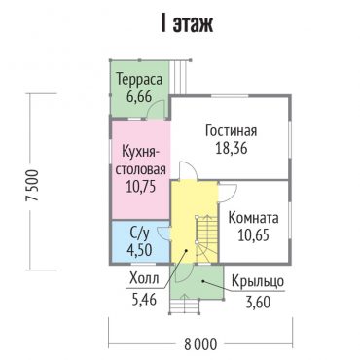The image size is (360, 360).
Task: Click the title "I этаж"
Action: point(187,23)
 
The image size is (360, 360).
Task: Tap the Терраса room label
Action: point(139,80)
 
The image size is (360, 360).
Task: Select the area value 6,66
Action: point(139,96)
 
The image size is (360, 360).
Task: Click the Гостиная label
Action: point(231,131)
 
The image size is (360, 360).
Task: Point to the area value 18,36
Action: point(232,148)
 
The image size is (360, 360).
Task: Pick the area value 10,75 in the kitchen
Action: point(141,187)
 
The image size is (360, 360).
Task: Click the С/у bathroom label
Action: point(139,233)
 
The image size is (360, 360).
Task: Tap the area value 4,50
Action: point(139,250)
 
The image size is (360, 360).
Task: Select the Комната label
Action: point(253,218)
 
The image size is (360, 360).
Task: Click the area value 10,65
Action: point(253,234)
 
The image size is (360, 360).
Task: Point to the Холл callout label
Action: point(144,278)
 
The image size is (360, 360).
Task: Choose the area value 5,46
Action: point(144,299)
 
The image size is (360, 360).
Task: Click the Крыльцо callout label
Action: point(258,282)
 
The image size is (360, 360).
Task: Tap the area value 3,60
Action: point(258,302)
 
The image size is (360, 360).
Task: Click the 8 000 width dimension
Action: point(200,344)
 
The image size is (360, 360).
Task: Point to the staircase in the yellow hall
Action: point(206,238)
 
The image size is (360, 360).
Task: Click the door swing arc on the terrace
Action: point(155,108)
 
